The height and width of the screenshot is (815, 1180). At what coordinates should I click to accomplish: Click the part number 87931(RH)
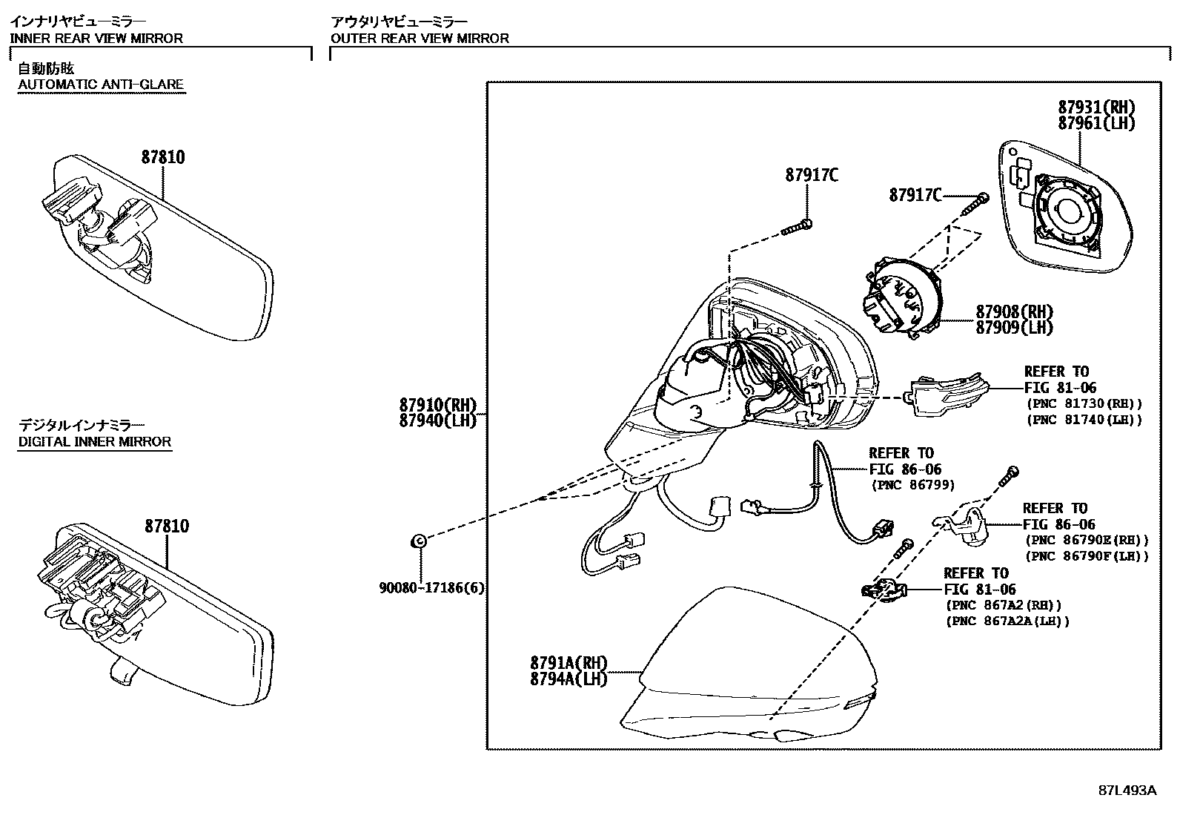coord(1096,107)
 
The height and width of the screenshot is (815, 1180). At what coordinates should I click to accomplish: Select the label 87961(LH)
coord(1096,123)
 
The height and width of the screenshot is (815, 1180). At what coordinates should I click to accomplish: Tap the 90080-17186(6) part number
coord(431,588)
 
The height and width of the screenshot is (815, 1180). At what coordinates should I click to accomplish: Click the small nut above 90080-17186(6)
coord(417,541)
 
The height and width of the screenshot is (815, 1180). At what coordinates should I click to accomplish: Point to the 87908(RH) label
coord(1014,311)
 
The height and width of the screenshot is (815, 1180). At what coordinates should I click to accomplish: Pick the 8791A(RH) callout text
coord(569,662)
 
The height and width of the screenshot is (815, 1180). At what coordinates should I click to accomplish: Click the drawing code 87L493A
coord(1127,790)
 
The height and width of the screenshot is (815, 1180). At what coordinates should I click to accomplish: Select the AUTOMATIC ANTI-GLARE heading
coord(101,84)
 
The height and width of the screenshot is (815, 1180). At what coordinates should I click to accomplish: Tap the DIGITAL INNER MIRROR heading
coord(95,442)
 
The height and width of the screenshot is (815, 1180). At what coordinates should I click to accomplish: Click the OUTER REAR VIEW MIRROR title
coord(420,38)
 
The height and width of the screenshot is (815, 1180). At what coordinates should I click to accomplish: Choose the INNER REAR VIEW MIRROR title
coord(96,38)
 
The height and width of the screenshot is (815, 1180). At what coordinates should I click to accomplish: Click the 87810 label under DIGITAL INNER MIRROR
coord(167,526)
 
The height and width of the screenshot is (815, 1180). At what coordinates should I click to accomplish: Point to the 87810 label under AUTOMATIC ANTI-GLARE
coord(163,157)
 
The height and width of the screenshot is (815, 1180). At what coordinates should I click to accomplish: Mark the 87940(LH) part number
coord(438,420)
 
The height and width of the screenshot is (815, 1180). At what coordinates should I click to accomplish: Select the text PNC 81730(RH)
coord(1084,403)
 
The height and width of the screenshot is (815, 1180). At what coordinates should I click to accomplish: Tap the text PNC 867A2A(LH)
coord(1008,621)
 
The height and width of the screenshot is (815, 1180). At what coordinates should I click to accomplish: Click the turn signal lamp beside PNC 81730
coord(938,395)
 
